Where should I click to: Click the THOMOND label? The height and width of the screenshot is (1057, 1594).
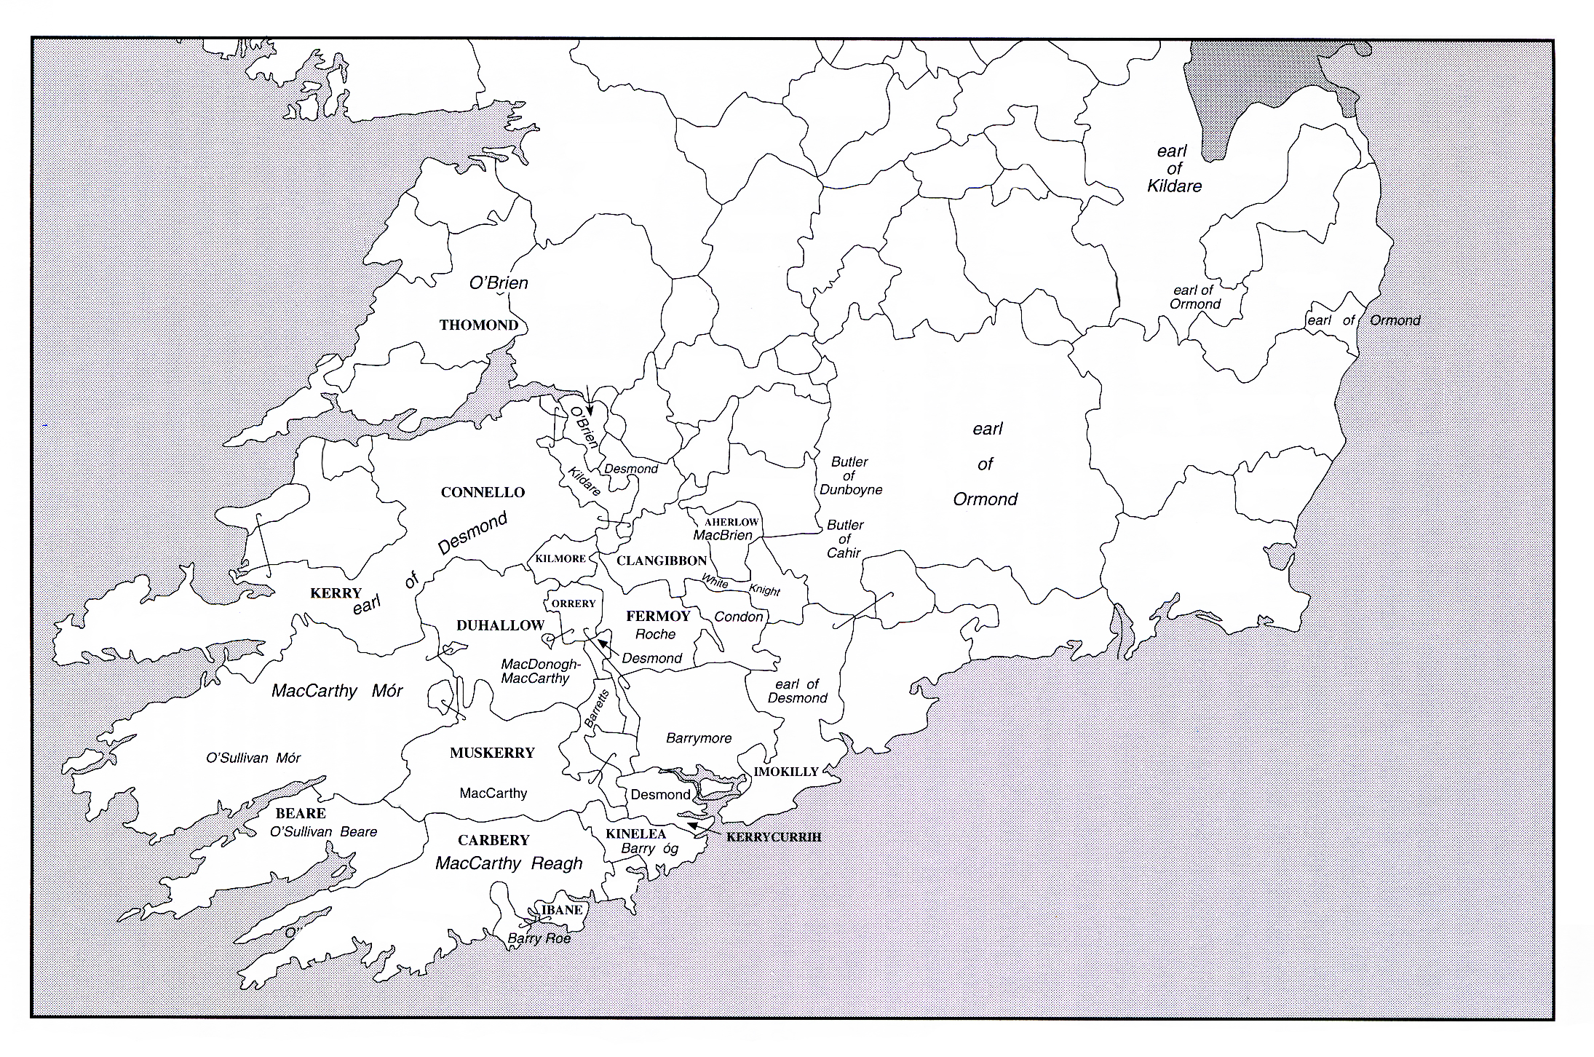[478, 325]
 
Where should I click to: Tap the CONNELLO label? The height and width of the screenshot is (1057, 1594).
[483, 493]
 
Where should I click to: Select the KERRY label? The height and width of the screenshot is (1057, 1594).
[336, 593]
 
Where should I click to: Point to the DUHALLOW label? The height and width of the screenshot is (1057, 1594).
[500, 625]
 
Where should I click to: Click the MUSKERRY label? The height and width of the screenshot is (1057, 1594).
[492, 753]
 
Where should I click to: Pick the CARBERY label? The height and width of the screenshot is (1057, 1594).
[493, 840]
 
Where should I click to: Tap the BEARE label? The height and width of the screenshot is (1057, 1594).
[301, 813]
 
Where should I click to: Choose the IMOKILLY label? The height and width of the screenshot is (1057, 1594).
[786, 772]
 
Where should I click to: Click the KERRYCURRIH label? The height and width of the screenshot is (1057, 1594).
[774, 837]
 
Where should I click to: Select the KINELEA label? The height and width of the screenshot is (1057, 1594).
[635, 834]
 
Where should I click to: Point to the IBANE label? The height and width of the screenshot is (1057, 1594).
[562, 910]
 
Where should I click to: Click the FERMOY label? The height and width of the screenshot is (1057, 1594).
[658, 617]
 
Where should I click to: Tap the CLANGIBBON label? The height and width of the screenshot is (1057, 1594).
[662, 561]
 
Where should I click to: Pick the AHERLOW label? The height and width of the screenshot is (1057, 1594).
[731, 522]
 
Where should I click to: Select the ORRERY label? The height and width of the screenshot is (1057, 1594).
[574, 603]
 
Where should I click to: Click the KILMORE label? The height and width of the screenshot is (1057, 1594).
[560, 559]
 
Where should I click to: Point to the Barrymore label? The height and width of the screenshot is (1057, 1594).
[699, 738]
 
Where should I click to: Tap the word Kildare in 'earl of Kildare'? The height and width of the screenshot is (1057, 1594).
[1174, 186]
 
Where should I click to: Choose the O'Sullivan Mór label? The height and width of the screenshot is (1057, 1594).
[253, 758]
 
